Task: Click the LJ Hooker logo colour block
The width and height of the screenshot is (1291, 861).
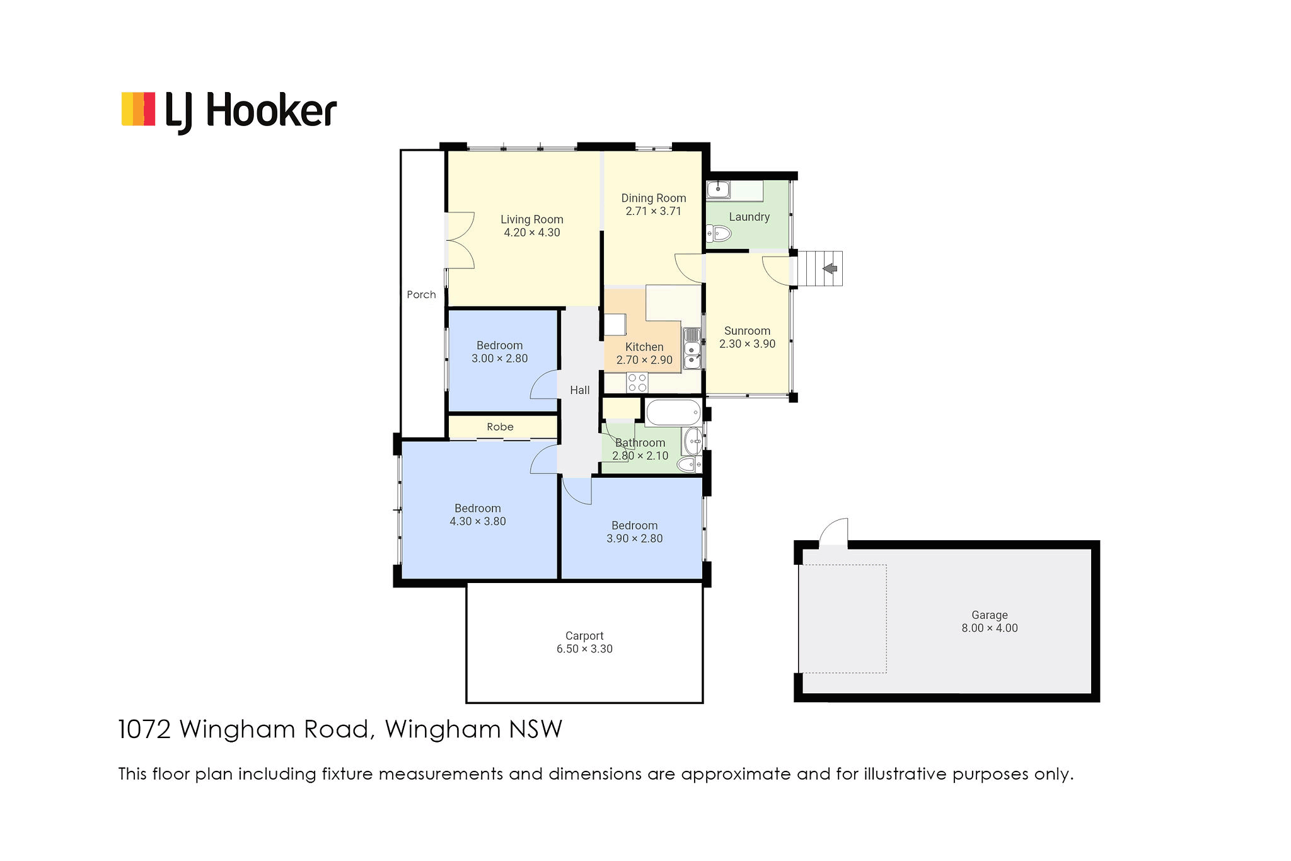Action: (x=138, y=109)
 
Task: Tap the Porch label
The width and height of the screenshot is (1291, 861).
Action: (x=421, y=294)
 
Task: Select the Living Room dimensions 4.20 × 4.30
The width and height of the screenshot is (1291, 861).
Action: (x=532, y=233)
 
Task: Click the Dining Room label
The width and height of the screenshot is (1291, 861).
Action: (x=654, y=198)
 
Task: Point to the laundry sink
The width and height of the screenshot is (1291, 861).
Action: (x=718, y=189)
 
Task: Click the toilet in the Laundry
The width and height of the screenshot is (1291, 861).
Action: (x=718, y=235)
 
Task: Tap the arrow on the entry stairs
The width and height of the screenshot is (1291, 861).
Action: (x=830, y=269)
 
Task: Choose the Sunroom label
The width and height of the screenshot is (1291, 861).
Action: (x=747, y=331)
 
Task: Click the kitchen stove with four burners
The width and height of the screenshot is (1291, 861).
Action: (x=637, y=383)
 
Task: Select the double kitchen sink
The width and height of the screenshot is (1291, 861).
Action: (x=692, y=348)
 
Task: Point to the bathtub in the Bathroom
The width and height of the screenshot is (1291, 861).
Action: (x=674, y=413)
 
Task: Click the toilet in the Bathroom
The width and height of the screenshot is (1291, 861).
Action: (x=689, y=465)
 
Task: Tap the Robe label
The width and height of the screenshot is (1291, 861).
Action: (x=500, y=427)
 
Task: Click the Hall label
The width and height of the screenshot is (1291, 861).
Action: (x=580, y=390)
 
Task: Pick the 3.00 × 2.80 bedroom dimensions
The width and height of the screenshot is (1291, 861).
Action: (x=500, y=359)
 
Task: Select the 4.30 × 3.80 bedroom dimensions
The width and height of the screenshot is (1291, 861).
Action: (x=478, y=521)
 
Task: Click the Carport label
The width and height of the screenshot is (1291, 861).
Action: (x=584, y=636)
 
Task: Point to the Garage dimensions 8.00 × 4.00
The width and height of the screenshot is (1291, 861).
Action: (x=990, y=628)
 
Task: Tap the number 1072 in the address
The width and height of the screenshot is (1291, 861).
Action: (x=144, y=729)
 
